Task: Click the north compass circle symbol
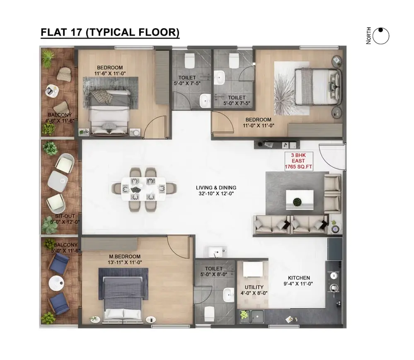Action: [381, 36]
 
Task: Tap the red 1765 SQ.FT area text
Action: [298, 167]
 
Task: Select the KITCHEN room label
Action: [299, 278]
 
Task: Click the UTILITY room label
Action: [254, 287]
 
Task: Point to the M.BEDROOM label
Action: [125, 256]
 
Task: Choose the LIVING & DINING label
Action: [216, 188]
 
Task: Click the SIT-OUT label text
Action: [65, 216]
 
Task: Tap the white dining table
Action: [144, 189]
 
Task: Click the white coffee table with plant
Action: [300, 200]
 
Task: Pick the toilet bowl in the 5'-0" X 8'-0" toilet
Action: [209, 314]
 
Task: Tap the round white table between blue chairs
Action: [56, 284]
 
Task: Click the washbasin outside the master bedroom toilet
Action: [216, 252]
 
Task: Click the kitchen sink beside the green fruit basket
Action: [257, 317]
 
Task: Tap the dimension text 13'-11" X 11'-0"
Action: [125, 263]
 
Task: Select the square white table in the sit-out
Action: [58, 181]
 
